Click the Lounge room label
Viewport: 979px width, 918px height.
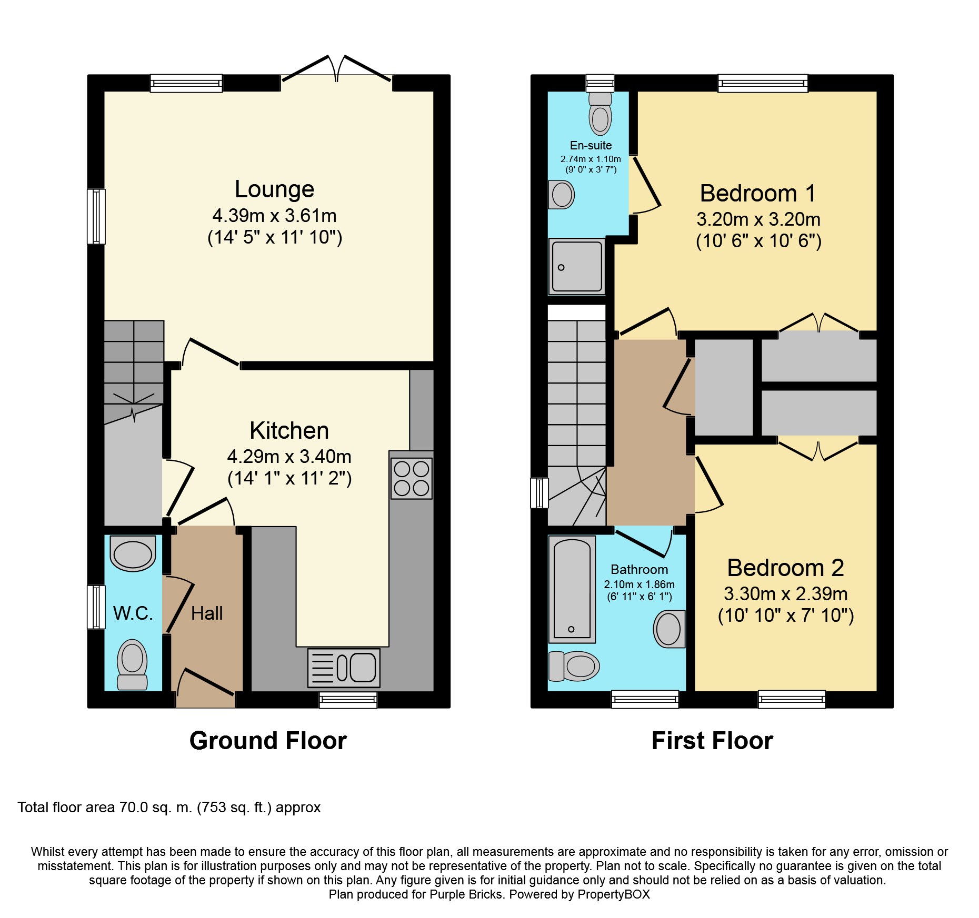click(274, 189)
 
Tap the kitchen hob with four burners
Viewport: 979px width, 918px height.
click(412, 478)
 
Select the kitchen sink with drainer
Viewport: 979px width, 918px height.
click(344, 668)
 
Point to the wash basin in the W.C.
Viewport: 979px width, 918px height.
click(133, 553)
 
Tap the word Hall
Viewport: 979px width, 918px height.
click(207, 613)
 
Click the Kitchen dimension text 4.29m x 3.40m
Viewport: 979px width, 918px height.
click(289, 457)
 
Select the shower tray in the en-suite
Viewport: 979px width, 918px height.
click(577, 266)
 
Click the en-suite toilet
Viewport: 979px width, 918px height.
click(600, 114)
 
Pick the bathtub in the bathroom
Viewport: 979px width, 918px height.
click(572, 589)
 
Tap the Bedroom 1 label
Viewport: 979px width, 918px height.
click(758, 194)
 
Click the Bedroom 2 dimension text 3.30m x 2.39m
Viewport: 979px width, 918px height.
click(786, 594)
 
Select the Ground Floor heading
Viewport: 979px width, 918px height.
click(268, 741)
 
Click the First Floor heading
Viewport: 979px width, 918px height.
click(712, 741)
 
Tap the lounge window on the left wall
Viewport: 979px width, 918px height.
click(96, 217)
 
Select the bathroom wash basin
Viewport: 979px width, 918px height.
click(670, 629)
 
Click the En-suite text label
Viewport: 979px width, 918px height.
click(591, 146)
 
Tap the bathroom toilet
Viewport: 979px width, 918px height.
click(574, 666)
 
